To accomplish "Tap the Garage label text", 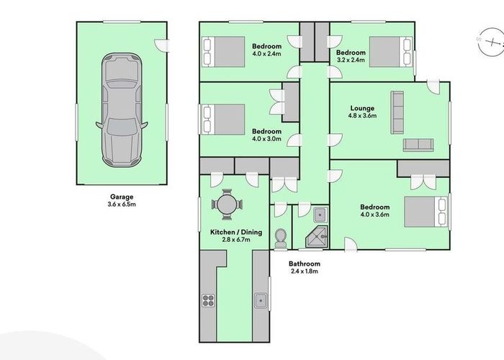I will click(x=122, y=196).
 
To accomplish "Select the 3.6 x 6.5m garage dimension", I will click(x=122, y=204).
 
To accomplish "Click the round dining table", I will click(x=227, y=205).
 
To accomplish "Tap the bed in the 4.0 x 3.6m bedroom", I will click(x=426, y=212).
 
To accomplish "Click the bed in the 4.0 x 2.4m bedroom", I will click(x=225, y=51).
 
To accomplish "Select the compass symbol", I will click(x=491, y=43).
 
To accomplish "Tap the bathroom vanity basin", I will click(x=319, y=212).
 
